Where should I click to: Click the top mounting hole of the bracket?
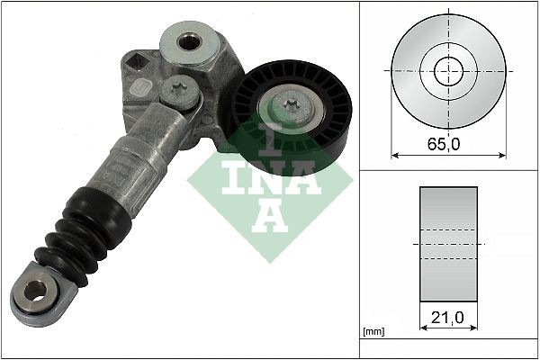188,41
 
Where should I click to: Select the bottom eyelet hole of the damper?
33,291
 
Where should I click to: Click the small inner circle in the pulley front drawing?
448,69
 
